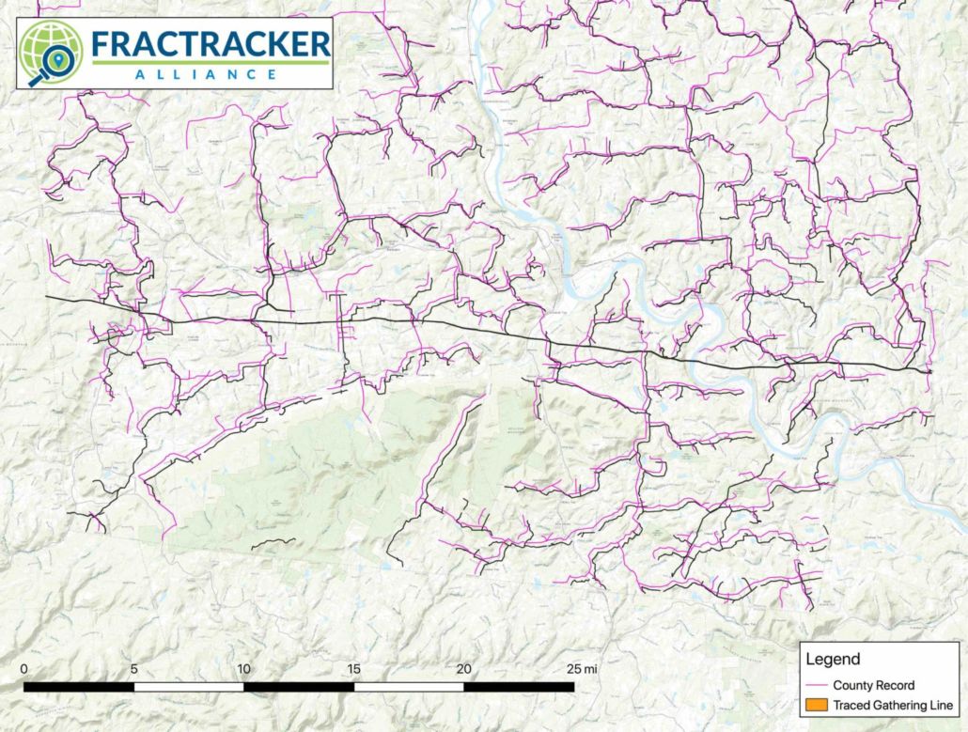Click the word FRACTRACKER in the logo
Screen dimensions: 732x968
[x=211, y=43]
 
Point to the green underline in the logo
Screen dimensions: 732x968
[x=211, y=61]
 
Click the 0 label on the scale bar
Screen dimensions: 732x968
[x=25, y=668]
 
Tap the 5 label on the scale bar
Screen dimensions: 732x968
[x=133, y=668]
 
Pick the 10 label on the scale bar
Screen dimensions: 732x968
[x=243, y=668]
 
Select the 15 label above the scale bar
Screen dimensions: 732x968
[x=353, y=668]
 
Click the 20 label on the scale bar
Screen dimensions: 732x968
[x=463, y=668]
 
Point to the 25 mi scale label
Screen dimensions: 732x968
[x=582, y=668]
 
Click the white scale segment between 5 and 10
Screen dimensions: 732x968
[x=188, y=686]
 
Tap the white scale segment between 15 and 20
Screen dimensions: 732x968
[x=409, y=686]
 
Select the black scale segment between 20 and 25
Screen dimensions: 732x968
[x=519, y=686]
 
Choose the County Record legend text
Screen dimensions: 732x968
[x=873, y=685]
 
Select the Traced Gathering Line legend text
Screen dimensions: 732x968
[x=886, y=705]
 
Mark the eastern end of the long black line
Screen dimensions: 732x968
[x=929, y=372]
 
